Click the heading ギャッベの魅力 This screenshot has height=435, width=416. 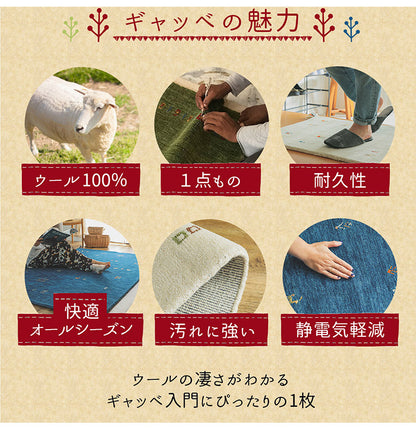pos(208,21)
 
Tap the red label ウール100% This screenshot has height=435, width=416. pos(81,181)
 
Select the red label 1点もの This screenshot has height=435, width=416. pos(209,180)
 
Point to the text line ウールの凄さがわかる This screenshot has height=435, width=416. pos(209,380)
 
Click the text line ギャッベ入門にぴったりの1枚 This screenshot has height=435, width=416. pos(209,402)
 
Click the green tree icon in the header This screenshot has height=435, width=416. pos(71,25)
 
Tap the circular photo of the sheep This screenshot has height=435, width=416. pos(81,115)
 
